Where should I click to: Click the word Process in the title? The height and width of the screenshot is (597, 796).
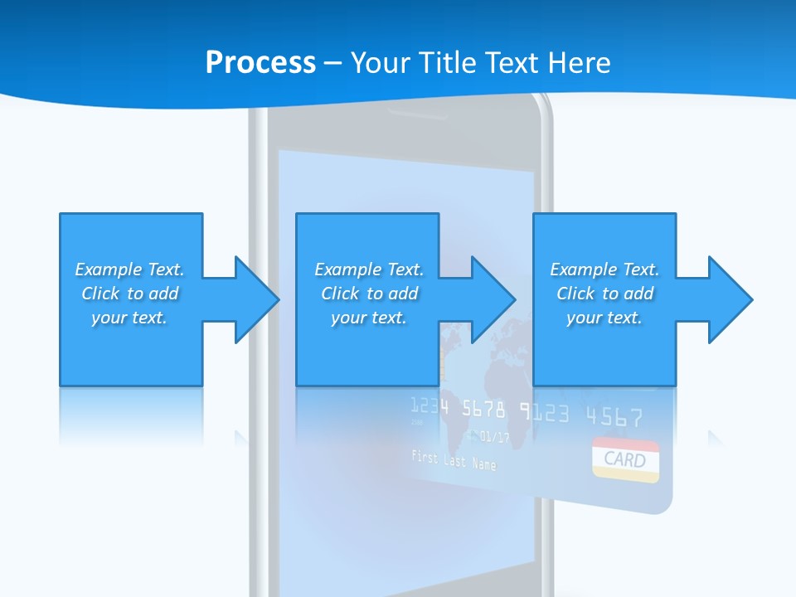[x=260, y=62]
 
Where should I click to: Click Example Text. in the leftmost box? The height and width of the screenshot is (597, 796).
[x=129, y=269]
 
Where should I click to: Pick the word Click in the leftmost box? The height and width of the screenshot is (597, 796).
[x=100, y=294]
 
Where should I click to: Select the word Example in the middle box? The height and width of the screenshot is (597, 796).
[x=342, y=269]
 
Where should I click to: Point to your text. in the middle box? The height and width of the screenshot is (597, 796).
[x=368, y=318]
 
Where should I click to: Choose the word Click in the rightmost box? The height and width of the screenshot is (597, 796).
[x=575, y=294]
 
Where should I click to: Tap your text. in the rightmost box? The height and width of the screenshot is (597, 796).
[x=604, y=318]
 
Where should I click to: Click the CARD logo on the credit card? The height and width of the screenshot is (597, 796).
[x=625, y=459]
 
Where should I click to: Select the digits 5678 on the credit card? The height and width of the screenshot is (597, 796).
[x=483, y=409]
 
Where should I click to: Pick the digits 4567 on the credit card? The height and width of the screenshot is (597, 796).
[x=614, y=415]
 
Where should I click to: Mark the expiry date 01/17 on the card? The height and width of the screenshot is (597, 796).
[x=494, y=435]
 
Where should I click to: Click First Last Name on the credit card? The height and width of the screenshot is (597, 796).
[x=454, y=459]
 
